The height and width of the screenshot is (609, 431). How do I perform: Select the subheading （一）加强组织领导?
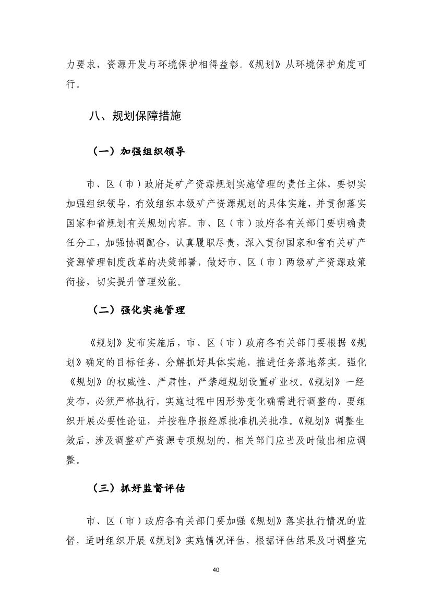(138, 152)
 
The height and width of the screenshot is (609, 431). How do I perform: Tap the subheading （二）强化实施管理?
(138, 310)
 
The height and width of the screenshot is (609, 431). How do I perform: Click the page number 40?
(215, 569)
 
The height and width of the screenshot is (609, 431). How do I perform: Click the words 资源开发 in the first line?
(127, 65)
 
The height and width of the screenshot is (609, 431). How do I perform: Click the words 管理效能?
(162, 282)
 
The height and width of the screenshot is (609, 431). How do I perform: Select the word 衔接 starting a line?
(77, 282)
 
